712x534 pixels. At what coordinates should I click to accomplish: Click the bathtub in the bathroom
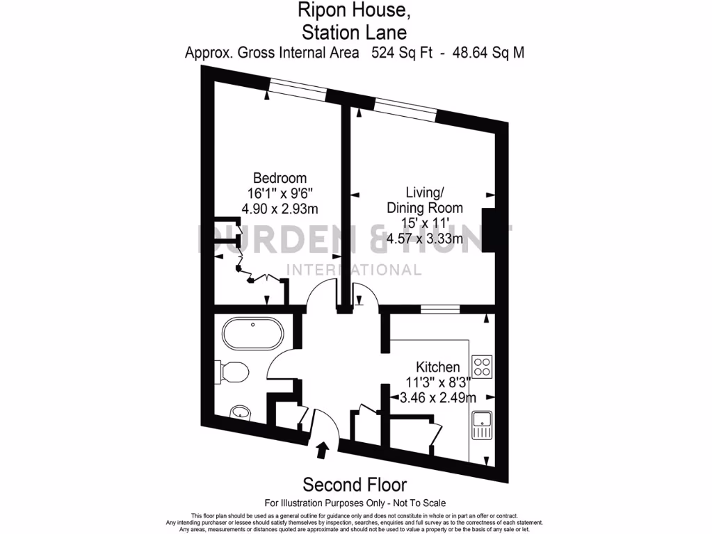[x=253, y=334]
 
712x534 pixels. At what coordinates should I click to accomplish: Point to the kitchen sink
[x=482, y=425]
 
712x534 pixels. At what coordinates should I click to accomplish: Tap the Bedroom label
[x=280, y=178]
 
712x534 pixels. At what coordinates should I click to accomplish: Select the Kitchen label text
[x=437, y=367]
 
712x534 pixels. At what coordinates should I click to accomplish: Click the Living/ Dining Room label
[x=425, y=200]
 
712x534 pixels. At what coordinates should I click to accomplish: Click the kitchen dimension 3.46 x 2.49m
[x=437, y=398]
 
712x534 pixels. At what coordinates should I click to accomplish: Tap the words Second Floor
[x=355, y=485]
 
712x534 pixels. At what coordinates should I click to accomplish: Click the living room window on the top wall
[x=405, y=107]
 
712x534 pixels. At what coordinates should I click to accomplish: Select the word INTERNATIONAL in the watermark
[x=355, y=270]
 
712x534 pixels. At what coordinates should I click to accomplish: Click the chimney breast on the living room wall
[x=491, y=229]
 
